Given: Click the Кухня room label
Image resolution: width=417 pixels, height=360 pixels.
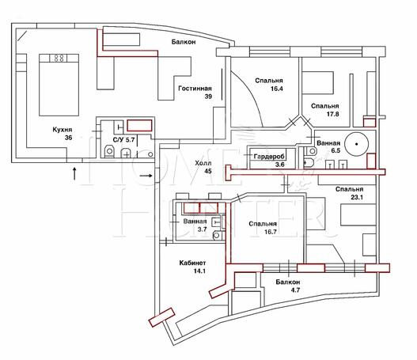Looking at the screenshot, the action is (63, 130).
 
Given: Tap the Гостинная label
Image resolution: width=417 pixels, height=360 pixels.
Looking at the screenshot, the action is (195, 89).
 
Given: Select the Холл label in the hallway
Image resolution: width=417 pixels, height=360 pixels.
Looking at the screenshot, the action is (203, 163).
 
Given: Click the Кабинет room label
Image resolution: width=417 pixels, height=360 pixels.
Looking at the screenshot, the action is (192, 263).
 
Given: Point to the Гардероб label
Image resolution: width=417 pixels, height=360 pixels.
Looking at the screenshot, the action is (269, 157).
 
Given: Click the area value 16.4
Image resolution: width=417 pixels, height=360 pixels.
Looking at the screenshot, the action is (277, 89).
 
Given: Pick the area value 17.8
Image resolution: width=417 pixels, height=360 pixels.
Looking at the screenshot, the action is (332, 114).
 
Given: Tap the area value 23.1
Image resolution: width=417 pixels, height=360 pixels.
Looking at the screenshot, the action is (357, 197).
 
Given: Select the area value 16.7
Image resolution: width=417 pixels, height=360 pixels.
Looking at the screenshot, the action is (270, 232).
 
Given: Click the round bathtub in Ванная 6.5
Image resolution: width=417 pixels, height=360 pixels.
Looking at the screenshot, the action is (356, 144).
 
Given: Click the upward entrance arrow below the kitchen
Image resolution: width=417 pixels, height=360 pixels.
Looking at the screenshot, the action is (74, 173).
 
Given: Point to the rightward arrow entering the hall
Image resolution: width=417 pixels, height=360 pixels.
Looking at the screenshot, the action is (146, 176).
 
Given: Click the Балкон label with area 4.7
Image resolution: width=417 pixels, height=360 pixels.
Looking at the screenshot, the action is (288, 282).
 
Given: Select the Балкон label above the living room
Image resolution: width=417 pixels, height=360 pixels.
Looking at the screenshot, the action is (184, 42).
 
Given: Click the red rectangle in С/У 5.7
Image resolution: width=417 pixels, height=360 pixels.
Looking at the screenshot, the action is (139, 126).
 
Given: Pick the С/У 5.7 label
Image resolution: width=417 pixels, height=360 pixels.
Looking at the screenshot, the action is (124, 139).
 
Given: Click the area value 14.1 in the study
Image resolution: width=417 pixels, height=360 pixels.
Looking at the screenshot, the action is (199, 271).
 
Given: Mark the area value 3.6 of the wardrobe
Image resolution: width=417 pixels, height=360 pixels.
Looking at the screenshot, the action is (280, 165).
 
